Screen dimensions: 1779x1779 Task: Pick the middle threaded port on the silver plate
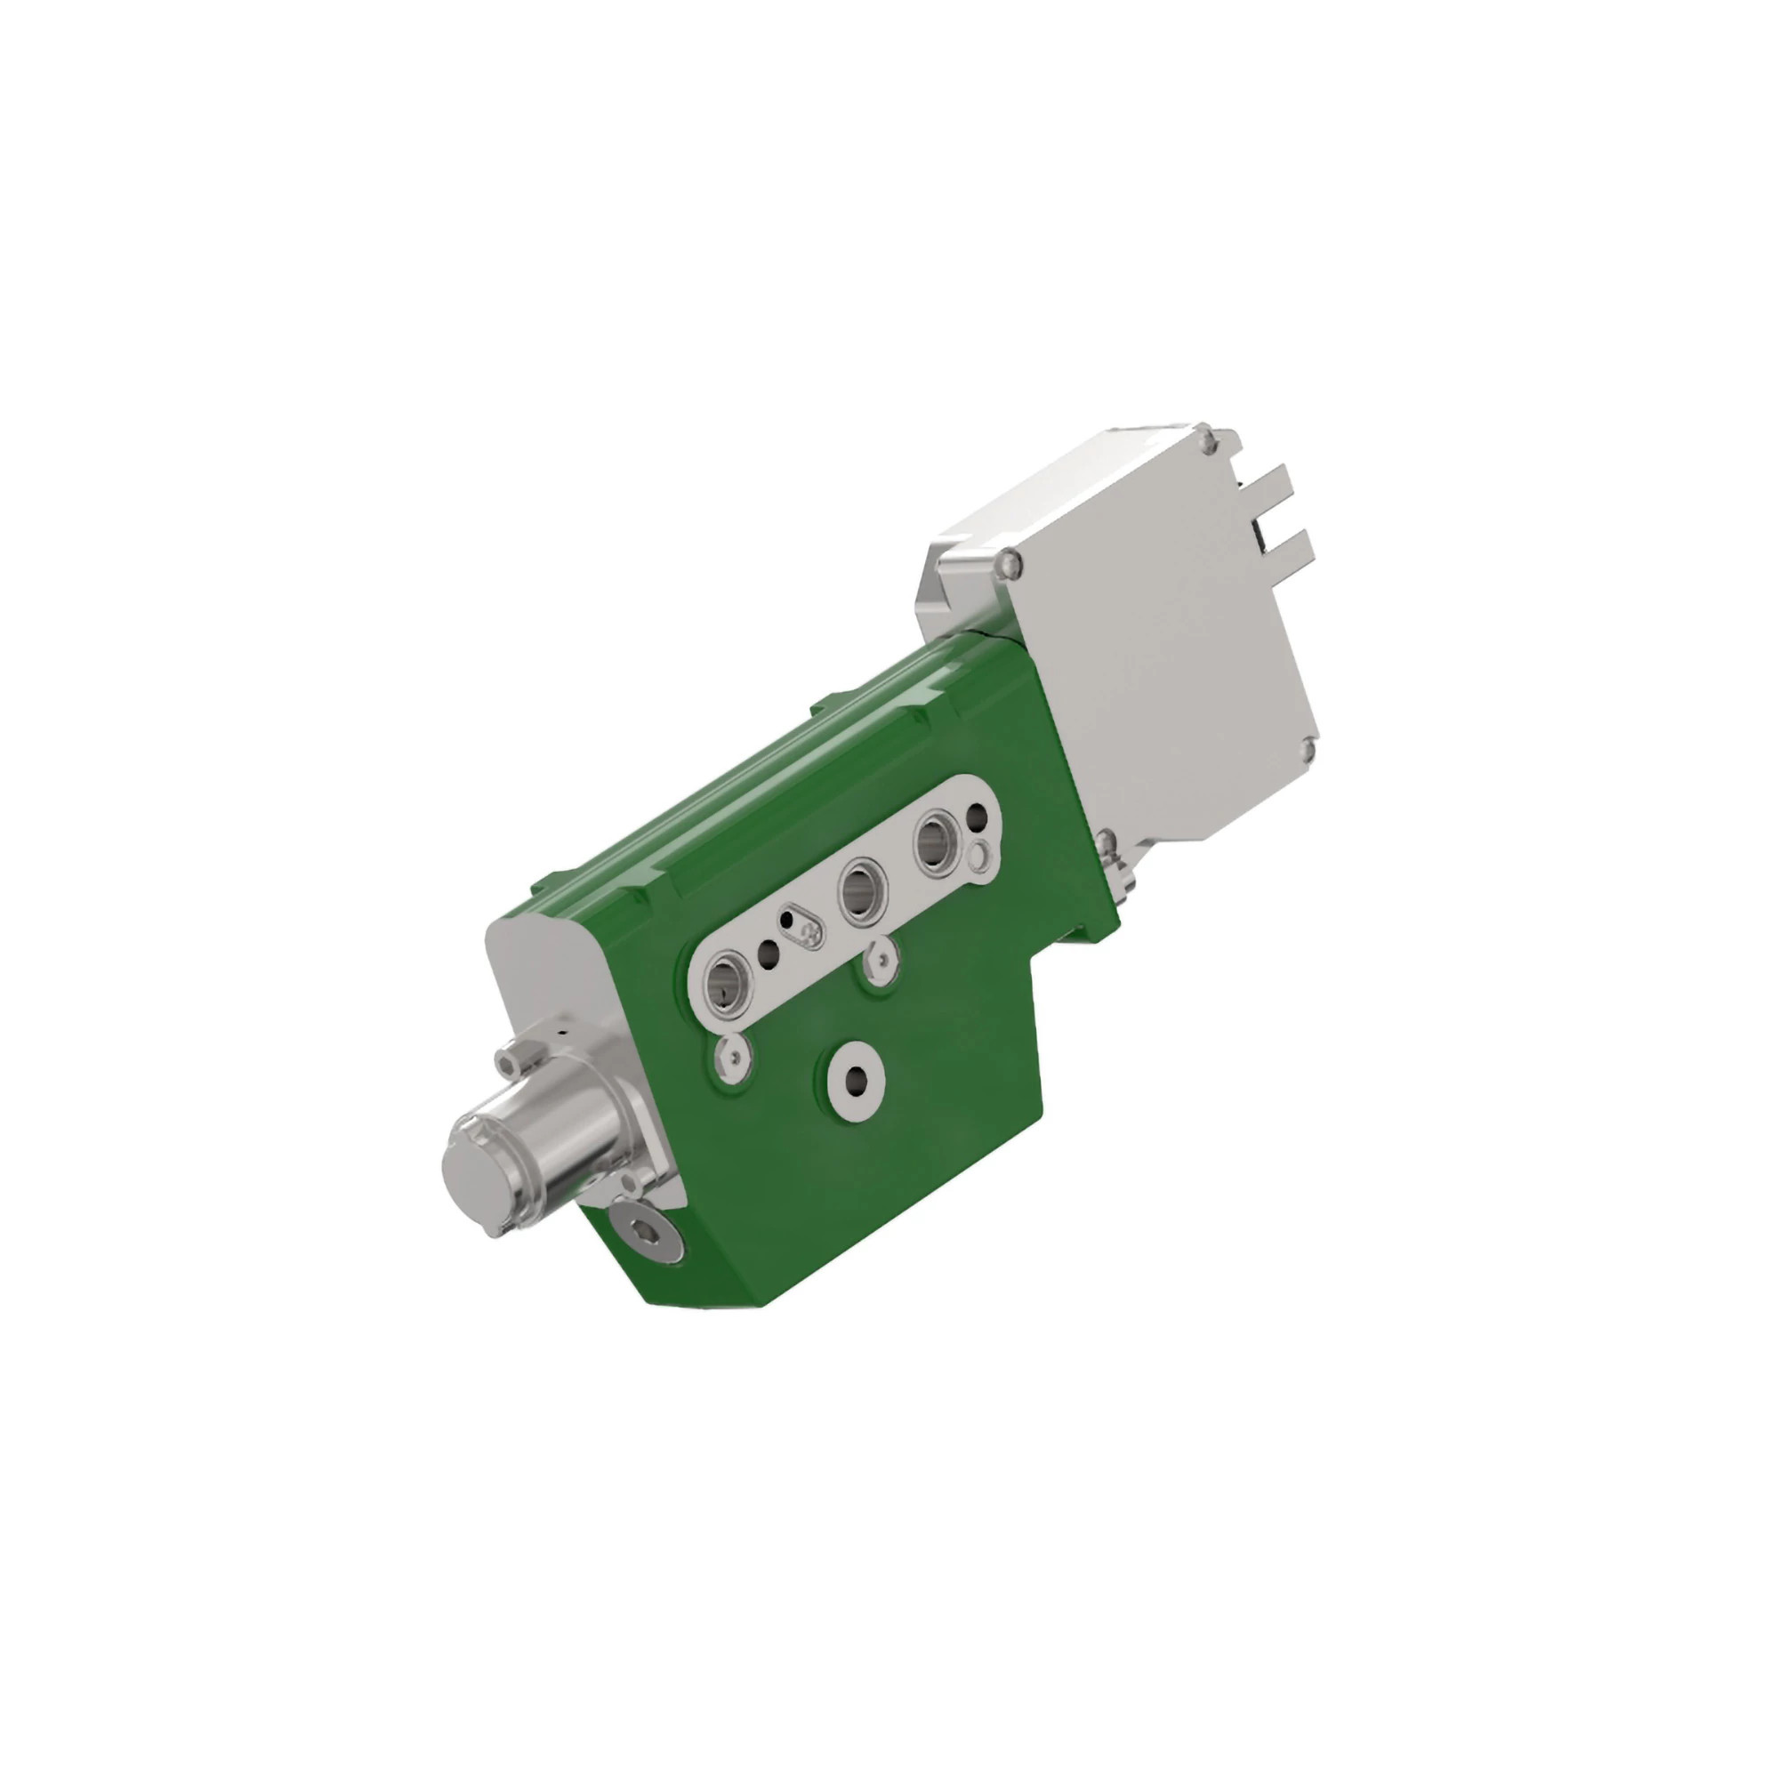pos(864,887)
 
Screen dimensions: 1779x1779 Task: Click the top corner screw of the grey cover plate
pos(1207,443)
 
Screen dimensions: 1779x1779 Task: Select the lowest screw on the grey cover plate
pos(1107,840)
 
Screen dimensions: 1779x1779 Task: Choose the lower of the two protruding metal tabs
pos(1288,546)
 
